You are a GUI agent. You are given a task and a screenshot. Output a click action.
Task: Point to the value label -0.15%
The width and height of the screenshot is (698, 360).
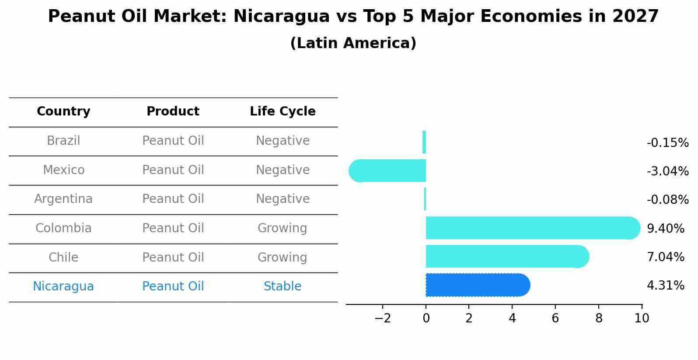click(x=667, y=143)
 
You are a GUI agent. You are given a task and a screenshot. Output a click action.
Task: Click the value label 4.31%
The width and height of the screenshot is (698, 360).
click(x=665, y=286)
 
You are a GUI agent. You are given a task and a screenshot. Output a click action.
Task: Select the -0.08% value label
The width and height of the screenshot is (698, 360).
click(x=667, y=200)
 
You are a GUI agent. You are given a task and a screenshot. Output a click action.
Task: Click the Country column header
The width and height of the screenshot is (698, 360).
click(x=63, y=112)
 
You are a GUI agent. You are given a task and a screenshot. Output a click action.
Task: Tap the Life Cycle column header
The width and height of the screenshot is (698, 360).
click(x=283, y=112)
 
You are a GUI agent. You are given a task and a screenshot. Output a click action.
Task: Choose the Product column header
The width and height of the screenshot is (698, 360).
click(x=173, y=112)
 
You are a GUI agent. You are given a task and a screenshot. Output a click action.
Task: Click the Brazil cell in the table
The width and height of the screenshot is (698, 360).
click(x=63, y=141)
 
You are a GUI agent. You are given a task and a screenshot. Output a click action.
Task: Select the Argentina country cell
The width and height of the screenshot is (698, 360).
click(x=63, y=199)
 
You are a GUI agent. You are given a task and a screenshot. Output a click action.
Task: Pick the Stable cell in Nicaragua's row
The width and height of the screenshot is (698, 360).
click(x=283, y=287)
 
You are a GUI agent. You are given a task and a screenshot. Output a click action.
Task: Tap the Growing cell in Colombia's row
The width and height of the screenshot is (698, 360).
click(x=283, y=228)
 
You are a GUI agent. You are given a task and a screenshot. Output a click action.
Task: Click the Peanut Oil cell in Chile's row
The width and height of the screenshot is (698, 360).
click(x=173, y=257)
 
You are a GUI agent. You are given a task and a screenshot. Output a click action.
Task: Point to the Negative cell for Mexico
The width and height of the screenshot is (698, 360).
click(x=283, y=170)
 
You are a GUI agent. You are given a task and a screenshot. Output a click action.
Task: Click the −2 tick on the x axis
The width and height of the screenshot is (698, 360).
click(x=382, y=318)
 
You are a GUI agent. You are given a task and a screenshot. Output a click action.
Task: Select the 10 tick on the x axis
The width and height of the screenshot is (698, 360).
click(x=642, y=318)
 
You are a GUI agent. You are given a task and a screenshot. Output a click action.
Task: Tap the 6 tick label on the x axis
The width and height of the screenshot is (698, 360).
click(x=555, y=318)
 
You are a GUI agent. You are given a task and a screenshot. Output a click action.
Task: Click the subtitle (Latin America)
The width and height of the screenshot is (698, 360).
click(x=353, y=43)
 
